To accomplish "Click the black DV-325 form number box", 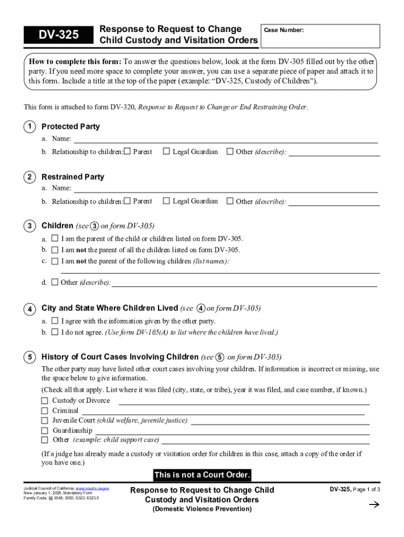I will click(x=58, y=35).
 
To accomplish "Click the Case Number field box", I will click(x=320, y=36).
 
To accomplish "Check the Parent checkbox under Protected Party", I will click(x=127, y=152).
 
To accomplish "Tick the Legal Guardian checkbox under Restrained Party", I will click(x=166, y=201).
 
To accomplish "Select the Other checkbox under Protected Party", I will click(x=230, y=152).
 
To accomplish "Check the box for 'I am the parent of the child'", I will click(x=55, y=239).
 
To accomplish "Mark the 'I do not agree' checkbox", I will click(x=55, y=332).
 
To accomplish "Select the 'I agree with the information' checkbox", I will click(x=55, y=321).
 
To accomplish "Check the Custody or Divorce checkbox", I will click(x=45, y=401).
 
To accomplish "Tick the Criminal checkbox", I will click(x=45, y=411).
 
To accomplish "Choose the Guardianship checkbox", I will click(x=45, y=431).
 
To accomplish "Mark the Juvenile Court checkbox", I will click(x=45, y=421).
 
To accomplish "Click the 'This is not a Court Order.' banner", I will click(x=202, y=475).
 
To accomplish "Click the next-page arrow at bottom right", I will click(x=374, y=505).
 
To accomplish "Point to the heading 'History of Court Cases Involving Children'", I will click(x=120, y=357).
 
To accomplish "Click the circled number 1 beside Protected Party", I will click(x=30, y=127).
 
